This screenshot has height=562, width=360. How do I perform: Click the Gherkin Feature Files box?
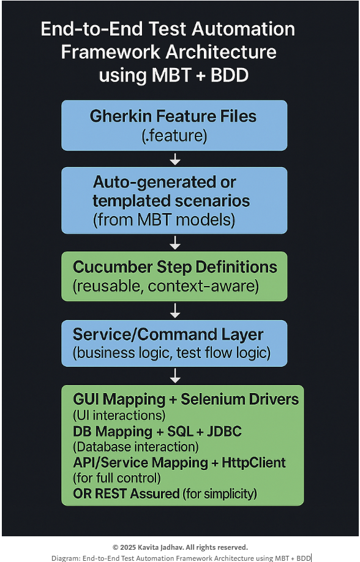tap(174, 126)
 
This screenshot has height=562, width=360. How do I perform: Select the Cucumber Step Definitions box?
tap(174, 276)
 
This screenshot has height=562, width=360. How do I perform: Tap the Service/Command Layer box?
tap(174, 343)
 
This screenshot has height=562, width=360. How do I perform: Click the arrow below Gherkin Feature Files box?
tap(175, 159)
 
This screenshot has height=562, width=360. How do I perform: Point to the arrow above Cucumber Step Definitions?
tap(175, 243)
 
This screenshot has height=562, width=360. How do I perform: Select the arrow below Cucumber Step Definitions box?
tap(175, 310)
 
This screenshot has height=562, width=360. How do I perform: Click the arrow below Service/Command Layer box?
tap(175, 375)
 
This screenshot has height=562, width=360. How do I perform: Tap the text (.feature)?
tap(173, 136)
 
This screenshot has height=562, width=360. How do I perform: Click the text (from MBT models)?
tap(164, 220)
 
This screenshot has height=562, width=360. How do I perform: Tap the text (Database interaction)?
tap(136, 447)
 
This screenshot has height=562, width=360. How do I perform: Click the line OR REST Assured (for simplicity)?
tap(165, 493)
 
